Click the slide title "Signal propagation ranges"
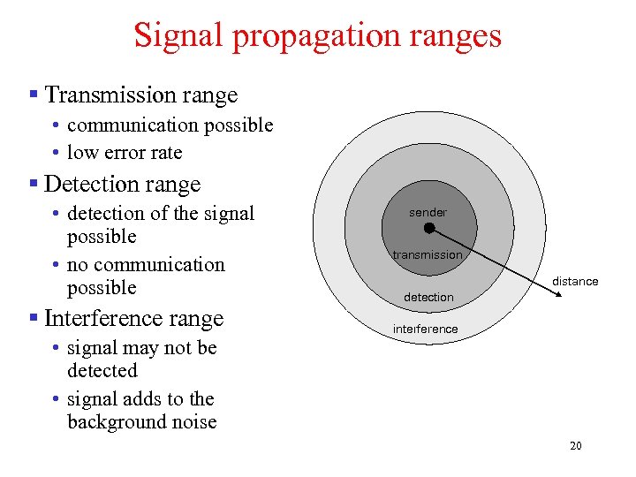click(317, 35)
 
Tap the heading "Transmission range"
click(140, 95)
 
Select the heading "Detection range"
click(122, 184)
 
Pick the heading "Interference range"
click(132, 318)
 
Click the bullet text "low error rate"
click(125, 152)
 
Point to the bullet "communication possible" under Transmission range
click(170, 125)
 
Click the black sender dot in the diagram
click(429, 228)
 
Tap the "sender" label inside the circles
click(428, 212)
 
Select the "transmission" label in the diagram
click(428, 255)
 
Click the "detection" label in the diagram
click(428, 298)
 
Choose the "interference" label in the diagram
click(426, 329)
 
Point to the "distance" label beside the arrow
click(575, 282)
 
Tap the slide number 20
click(575, 446)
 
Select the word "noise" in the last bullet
click(193, 422)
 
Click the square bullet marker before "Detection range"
click(33, 184)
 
